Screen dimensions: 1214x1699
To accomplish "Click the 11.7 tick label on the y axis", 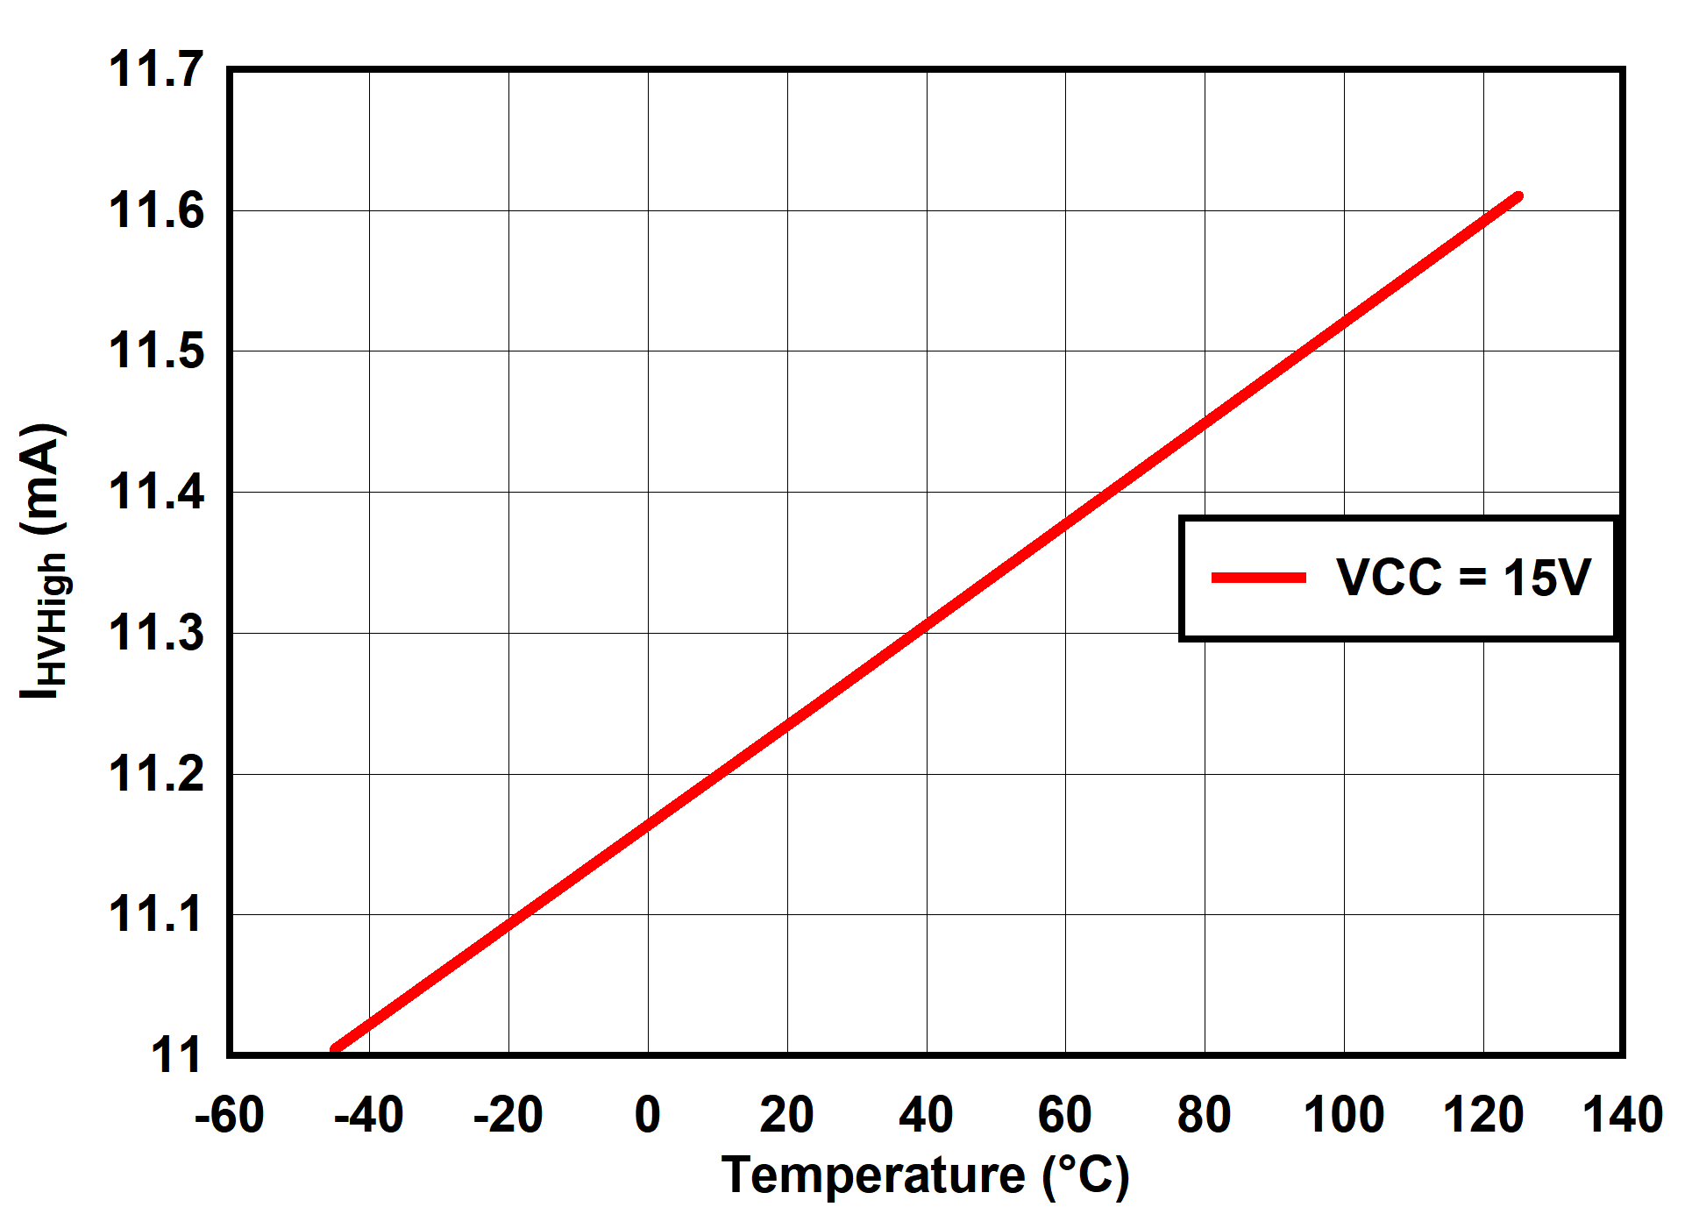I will [156, 69].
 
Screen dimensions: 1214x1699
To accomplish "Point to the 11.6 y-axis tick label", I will [156, 210].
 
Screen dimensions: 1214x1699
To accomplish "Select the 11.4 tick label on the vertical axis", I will [156, 492].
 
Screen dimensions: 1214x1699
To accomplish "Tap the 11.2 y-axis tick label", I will [156, 774].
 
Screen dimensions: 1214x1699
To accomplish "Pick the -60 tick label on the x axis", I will [230, 1116].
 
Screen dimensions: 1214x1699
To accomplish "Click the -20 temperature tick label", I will [508, 1116].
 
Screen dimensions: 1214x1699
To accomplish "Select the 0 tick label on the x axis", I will [648, 1116].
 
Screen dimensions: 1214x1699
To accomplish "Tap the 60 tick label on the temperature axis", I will [1064, 1116].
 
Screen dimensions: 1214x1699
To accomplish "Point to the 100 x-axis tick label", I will [1343, 1116].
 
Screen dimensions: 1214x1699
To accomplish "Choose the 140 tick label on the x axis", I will [1622, 1116].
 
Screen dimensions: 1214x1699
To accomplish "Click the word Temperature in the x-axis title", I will [873, 1175].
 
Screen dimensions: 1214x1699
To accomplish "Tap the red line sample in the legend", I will [1259, 578].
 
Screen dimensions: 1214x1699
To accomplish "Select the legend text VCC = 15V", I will [1463, 578].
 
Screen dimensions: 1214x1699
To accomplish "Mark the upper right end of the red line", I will [1518, 197].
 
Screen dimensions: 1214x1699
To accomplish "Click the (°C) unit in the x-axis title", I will [1085, 1175].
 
